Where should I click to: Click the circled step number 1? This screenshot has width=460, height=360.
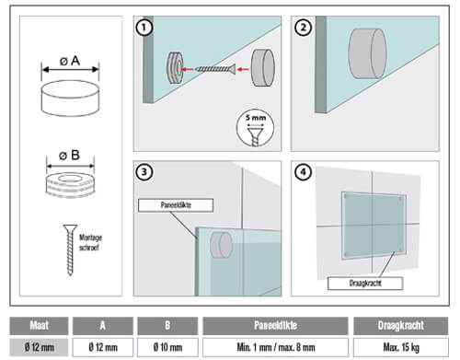click(144, 28)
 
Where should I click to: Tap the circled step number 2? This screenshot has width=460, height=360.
click(303, 28)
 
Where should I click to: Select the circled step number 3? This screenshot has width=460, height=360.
click(144, 172)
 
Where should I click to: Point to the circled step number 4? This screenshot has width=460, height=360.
click(303, 172)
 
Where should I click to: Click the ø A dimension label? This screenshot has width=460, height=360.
click(70, 61)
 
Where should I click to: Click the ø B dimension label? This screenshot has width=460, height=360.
click(70, 156)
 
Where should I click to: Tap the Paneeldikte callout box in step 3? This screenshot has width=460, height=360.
click(176, 205)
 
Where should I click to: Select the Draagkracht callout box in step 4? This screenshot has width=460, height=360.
click(365, 284)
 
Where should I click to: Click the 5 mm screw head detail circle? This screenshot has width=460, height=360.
click(255, 128)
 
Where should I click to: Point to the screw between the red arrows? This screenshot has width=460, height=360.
click(215, 69)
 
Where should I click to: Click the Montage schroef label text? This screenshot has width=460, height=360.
click(90, 242)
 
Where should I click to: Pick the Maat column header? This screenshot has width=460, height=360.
click(39, 326)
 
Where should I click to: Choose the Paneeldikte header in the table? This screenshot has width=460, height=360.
click(275, 326)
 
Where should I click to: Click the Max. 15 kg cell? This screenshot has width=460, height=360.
click(401, 347)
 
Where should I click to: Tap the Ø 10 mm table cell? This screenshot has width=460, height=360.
click(167, 347)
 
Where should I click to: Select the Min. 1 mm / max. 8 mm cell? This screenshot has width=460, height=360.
click(276, 347)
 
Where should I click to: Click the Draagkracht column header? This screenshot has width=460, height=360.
click(401, 326)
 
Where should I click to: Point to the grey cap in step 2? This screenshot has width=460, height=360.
click(367, 53)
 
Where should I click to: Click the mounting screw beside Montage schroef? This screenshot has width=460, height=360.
click(70, 250)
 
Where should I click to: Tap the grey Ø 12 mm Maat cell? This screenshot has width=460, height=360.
click(39, 347)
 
